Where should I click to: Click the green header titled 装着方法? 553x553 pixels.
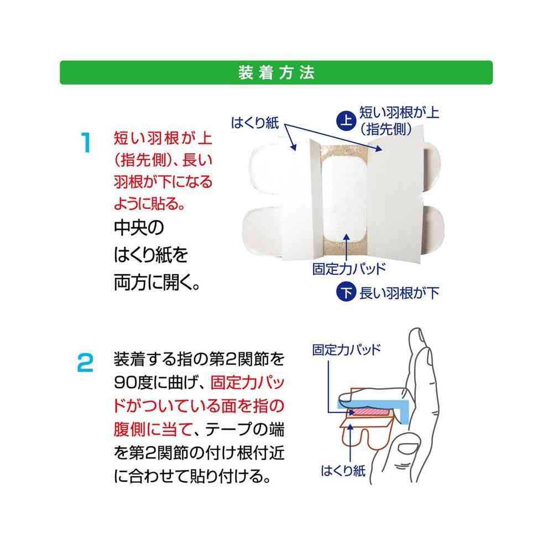pos(276,72)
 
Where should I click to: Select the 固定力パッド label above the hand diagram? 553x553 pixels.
pos(346,350)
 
